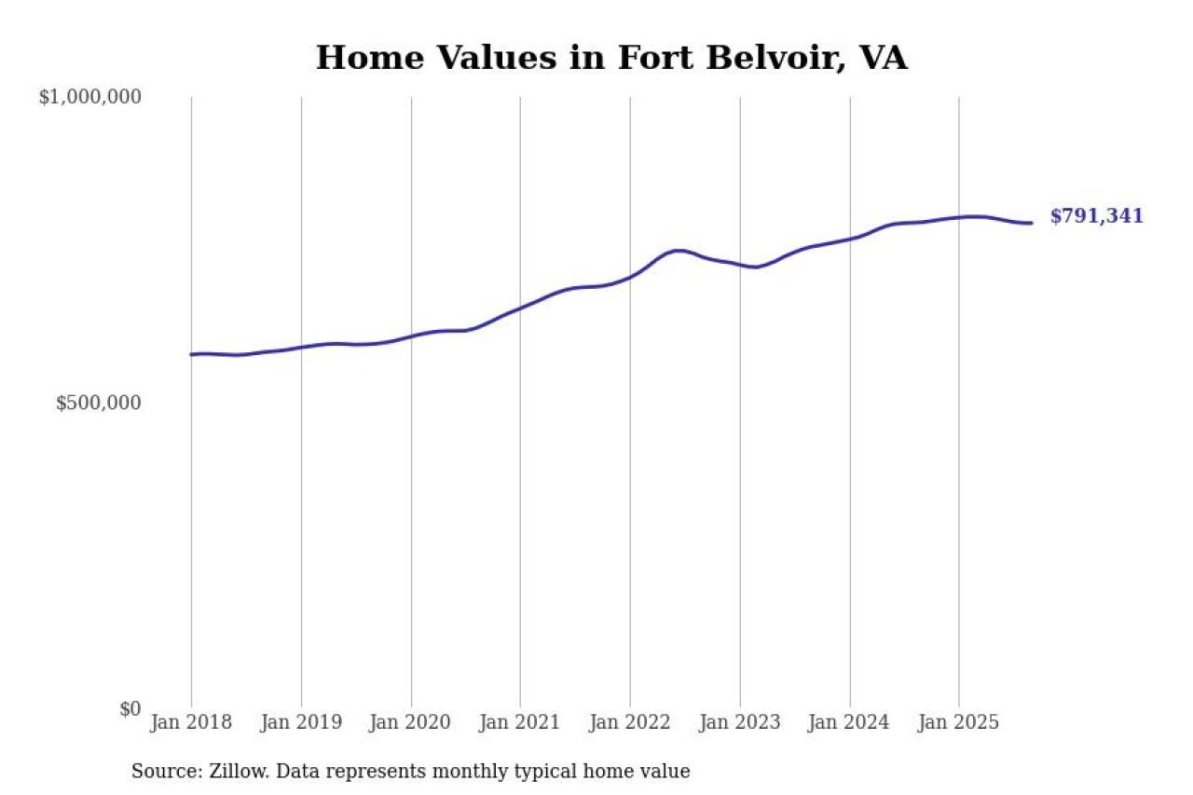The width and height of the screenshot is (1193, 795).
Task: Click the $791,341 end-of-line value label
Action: tap(1096, 216)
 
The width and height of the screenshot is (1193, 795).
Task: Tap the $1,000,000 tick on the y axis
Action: tap(89, 97)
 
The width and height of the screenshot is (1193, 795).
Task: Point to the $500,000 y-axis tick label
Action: tap(98, 403)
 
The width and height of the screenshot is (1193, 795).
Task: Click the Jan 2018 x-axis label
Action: tap(191, 722)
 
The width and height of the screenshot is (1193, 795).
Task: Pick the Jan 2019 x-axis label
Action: tap(301, 722)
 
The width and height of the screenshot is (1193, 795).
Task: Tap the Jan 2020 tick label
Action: tap(411, 722)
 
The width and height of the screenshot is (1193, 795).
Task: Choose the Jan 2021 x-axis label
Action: tap(520, 722)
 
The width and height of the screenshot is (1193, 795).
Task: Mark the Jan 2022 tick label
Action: tap(630, 722)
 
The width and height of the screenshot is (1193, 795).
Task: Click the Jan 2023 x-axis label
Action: tap(740, 722)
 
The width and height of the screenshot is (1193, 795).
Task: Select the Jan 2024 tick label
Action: tap(849, 722)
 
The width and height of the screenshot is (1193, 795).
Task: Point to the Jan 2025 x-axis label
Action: tap(959, 722)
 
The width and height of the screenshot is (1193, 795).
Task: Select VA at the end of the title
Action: tap(883, 58)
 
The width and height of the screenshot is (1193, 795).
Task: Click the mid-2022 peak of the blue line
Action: tap(679, 251)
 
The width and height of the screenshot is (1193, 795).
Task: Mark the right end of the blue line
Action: tap(1031, 223)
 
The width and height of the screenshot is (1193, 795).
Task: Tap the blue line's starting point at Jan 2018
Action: tap(192, 354)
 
